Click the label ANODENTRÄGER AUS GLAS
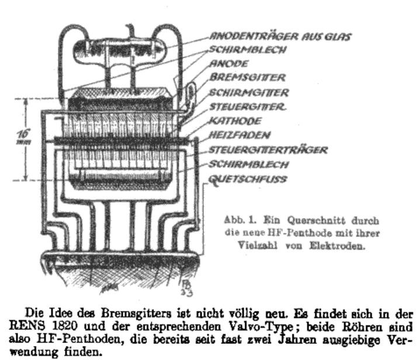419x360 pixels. click(281, 37)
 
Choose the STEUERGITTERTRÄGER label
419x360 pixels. click(268, 150)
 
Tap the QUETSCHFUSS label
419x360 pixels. click(248, 179)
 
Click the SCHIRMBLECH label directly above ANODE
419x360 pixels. click(240, 50)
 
